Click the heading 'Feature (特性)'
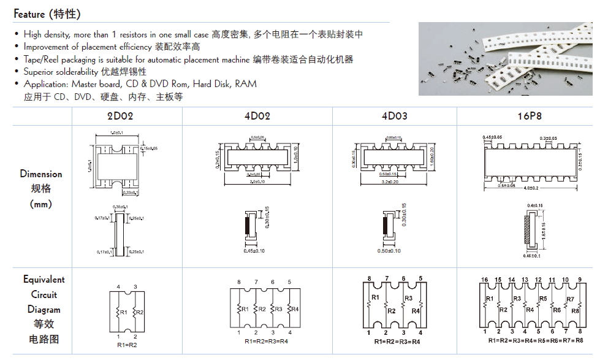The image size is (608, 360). click(47, 13)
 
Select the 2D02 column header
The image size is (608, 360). click(120, 116)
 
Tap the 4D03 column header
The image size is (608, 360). click(393, 116)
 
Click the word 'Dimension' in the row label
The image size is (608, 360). click(41, 174)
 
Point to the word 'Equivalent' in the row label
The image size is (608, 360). click(44, 280)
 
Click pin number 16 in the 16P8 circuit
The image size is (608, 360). click(484, 280)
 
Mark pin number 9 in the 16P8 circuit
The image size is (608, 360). click(579, 280)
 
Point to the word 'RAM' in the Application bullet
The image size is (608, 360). click(246, 84)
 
